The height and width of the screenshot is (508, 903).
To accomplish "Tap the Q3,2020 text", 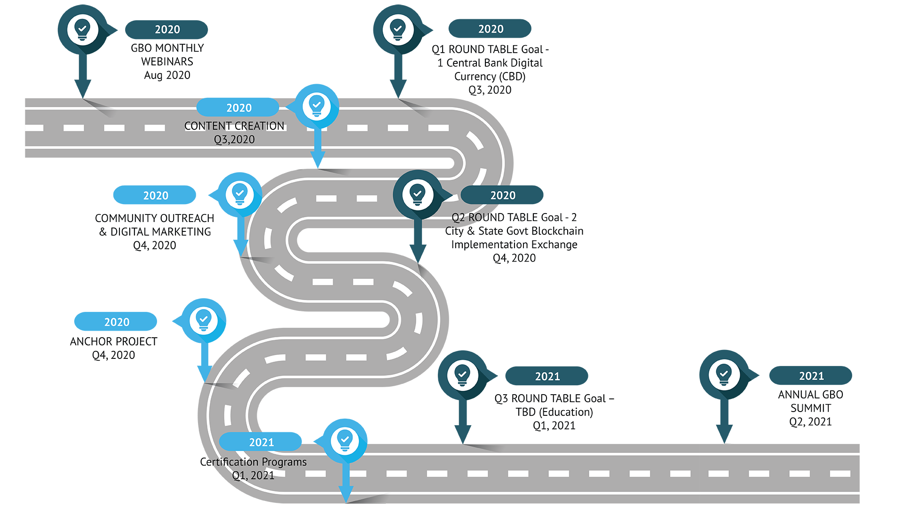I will click(x=234, y=140).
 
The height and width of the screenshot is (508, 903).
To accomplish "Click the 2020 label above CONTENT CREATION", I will click(x=239, y=108).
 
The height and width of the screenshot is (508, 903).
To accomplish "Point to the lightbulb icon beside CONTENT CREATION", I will click(x=317, y=106).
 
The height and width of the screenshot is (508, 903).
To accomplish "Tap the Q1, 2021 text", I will click(x=253, y=476).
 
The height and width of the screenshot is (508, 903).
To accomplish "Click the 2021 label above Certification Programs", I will click(x=261, y=443).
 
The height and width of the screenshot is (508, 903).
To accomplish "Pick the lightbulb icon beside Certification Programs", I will click(x=345, y=441).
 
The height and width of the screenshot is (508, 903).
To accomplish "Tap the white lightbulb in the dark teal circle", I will click(x=417, y=194).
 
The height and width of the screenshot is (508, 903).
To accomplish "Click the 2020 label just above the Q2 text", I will click(x=503, y=196).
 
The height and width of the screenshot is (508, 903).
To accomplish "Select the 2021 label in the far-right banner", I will click(x=811, y=376).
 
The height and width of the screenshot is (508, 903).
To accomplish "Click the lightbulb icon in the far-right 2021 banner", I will click(x=724, y=375).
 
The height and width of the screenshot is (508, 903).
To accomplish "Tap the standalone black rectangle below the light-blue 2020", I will click(x=113, y=349).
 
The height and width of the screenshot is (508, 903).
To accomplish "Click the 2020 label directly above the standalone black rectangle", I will click(x=117, y=323).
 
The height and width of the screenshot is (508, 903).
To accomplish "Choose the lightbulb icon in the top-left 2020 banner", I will click(x=83, y=30).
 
